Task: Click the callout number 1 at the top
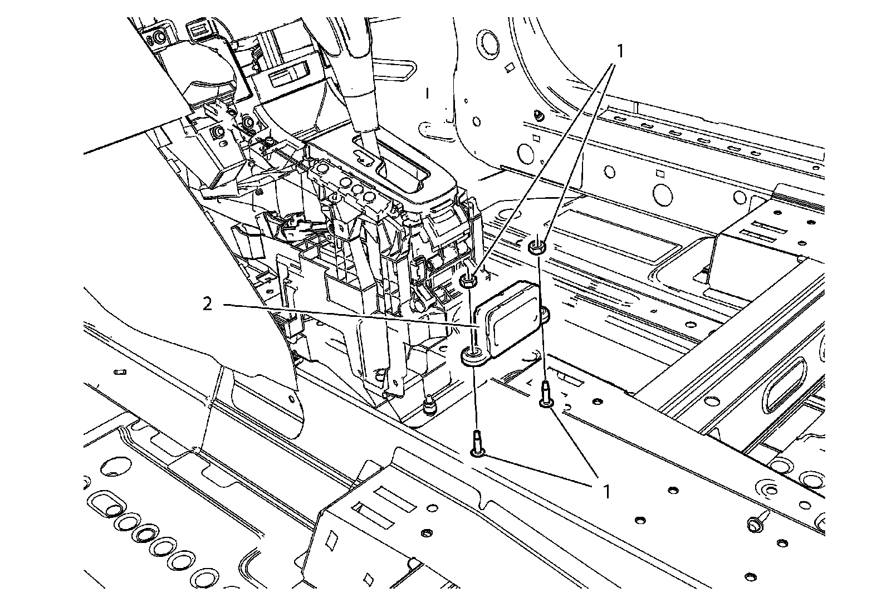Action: coord(619,51)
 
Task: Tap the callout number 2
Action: coord(207,305)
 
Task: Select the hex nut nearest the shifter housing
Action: coord(469,280)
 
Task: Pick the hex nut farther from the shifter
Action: coord(537,246)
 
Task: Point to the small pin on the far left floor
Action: coord(119,371)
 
